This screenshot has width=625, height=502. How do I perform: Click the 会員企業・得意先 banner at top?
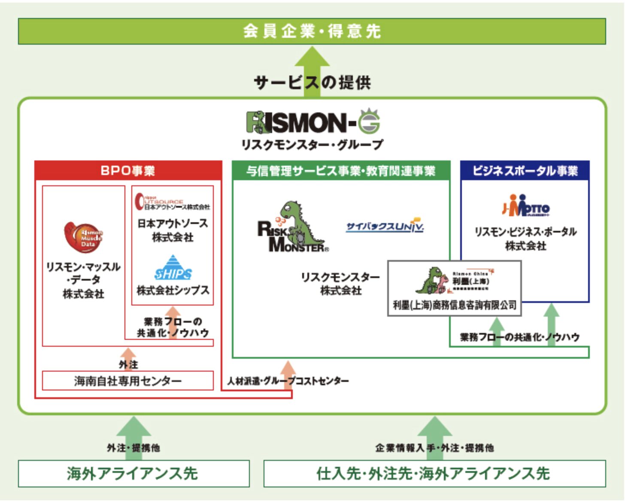click(x=312, y=31)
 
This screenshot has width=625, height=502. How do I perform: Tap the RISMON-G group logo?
click(x=312, y=122)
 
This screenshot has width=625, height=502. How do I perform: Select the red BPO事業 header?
click(x=128, y=171)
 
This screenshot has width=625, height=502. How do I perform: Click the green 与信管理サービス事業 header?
click(x=341, y=171)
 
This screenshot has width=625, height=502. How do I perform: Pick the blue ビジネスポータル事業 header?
click(x=525, y=171)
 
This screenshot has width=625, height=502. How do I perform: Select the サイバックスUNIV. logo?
click(x=385, y=226)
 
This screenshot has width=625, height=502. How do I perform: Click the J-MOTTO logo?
click(x=525, y=206)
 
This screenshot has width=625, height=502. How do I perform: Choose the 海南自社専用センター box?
click(x=128, y=381)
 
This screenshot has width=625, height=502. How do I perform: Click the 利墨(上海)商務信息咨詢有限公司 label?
click(x=455, y=305)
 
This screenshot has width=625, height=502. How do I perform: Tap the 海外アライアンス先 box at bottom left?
click(x=133, y=473)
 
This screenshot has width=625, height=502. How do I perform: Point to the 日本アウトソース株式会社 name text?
click(x=173, y=230)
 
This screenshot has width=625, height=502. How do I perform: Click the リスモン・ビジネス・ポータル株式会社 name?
click(x=525, y=239)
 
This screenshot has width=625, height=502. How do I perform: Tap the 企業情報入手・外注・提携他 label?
click(x=434, y=448)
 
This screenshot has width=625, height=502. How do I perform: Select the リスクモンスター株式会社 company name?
click(x=340, y=284)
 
